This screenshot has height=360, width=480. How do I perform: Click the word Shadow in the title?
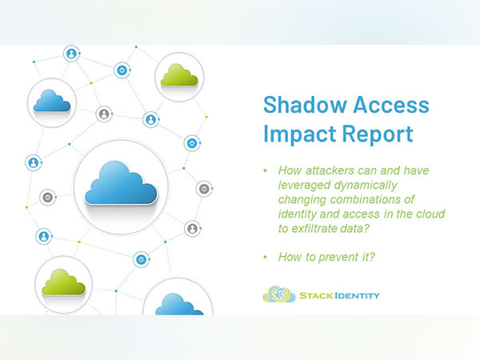click(x=298, y=105)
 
